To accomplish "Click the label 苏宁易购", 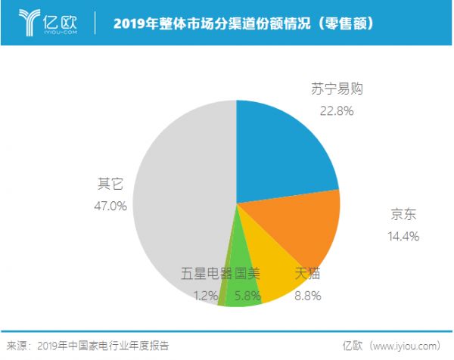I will [x=337, y=89].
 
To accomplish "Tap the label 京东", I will [x=401, y=216].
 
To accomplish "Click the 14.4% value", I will [x=401, y=235].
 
